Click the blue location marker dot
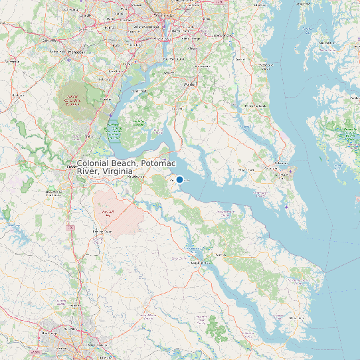pyautogui.click(x=179, y=179)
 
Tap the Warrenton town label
pyautogui.click(x=12, y=62)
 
